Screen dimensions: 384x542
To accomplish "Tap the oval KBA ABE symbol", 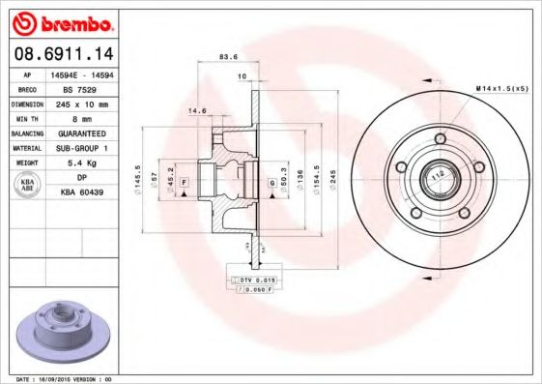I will click(x=28, y=186).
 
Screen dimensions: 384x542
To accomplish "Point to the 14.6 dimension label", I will click(x=197, y=110).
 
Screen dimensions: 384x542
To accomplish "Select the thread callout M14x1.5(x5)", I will click(x=501, y=89).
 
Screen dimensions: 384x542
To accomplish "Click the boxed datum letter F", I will click(x=183, y=182).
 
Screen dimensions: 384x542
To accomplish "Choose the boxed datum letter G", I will click(x=272, y=182).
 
